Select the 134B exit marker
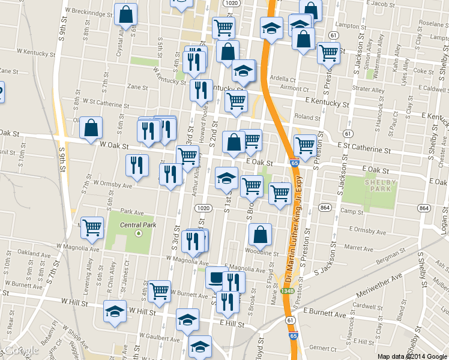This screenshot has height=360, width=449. (x=288, y=291)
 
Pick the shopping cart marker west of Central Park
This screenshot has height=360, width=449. (x=92, y=227)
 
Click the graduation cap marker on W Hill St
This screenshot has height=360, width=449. (x=115, y=311)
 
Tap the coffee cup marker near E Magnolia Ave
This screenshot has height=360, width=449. (x=216, y=277)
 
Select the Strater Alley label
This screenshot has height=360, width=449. (x=370, y=91)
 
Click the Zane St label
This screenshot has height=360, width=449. (x=137, y=87)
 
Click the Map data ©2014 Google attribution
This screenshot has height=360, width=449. (x=412, y=356)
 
